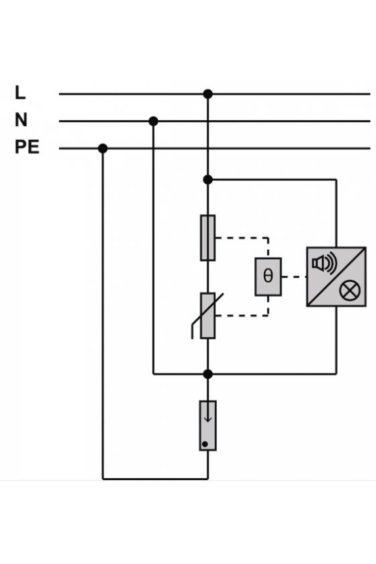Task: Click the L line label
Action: click(x=20, y=93)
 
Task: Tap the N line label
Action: click(x=21, y=120)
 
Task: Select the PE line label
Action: click(x=27, y=147)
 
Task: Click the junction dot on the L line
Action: click(x=207, y=94)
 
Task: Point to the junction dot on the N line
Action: click(x=153, y=122)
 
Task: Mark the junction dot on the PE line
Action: click(x=103, y=148)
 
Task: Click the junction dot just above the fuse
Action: click(x=207, y=179)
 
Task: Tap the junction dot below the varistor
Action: click(x=207, y=374)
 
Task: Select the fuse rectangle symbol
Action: click(x=207, y=238)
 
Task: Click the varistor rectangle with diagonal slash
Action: click(x=207, y=316)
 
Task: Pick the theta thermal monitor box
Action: click(x=268, y=277)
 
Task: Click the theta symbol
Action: click(x=268, y=276)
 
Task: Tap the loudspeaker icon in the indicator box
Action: click(x=324, y=263)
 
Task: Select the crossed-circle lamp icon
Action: click(x=350, y=291)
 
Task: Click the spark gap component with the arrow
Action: click(x=207, y=426)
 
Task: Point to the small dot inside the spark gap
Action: click(x=205, y=444)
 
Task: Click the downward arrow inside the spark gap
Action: click(x=207, y=414)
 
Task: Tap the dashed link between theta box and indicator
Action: click(x=294, y=277)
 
